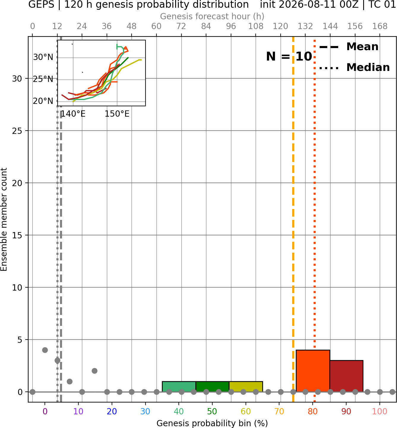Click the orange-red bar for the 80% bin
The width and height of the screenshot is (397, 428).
(x=313, y=371)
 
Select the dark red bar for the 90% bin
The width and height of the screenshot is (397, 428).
(x=346, y=376)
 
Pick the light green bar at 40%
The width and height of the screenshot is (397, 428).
(x=179, y=387)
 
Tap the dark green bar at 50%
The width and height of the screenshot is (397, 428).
(x=212, y=387)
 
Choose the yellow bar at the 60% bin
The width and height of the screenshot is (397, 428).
(x=246, y=387)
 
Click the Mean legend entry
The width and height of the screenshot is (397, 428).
(x=349, y=47)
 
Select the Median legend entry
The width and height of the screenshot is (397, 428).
(x=354, y=67)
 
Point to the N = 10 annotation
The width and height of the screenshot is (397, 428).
(x=289, y=56)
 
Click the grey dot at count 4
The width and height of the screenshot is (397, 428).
(x=45, y=350)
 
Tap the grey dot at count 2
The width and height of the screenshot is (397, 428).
(x=94, y=371)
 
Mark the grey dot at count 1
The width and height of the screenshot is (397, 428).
(x=69, y=381)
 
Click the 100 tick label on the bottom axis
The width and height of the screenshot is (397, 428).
(x=380, y=412)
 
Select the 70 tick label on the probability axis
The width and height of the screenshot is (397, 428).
(x=279, y=412)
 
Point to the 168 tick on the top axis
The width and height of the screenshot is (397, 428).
(x=380, y=26)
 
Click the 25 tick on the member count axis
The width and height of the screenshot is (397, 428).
(x=17, y=131)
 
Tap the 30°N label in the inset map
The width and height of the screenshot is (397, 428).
(x=43, y=57)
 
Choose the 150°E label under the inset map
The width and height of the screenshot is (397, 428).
(x=117, y=114)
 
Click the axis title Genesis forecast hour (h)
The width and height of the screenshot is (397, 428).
(x=212, y=16)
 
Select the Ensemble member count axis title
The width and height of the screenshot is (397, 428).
(x=4, y=219)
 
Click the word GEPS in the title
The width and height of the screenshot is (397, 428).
(x=41, y=4)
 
